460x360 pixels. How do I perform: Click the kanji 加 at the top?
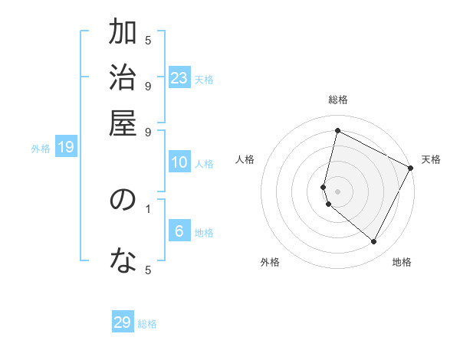(123, 34)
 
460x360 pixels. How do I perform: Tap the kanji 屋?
(123, 123)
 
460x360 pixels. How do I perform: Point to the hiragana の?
(123, 201)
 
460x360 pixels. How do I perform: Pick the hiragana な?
(123, 263)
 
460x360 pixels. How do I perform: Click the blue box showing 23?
(179, 78)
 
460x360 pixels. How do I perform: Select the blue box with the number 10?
(179, 162)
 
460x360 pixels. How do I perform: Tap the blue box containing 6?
(179, 231)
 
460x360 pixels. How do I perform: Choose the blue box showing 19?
(66, 148)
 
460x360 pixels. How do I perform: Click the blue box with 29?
(123, 322)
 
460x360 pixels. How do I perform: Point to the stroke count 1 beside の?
(148, 207)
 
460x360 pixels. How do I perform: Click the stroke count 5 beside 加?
(148, 40)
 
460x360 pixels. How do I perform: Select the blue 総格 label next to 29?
(147, 324)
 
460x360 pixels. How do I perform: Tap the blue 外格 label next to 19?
(41, 149)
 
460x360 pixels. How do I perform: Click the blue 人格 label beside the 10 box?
(204, 163)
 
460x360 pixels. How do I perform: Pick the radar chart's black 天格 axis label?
(431, 159)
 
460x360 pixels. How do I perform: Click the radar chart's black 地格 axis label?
(402, 262)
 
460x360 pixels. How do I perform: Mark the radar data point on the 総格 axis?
(337, 131)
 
